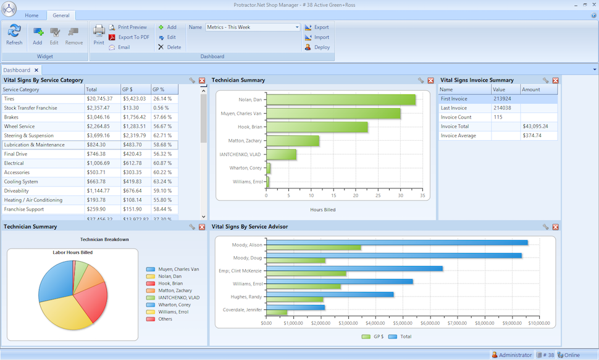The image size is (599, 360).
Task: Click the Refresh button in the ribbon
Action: point(14,34)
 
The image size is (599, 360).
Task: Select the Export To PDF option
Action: point(133,37)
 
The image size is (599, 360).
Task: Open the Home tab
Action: point(31,15)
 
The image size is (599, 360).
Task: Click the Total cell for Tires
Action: point(99,99)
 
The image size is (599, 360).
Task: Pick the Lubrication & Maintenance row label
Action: point(34,144)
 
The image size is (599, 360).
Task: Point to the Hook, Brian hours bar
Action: point(317,127)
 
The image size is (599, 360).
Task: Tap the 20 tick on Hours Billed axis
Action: point(356,196)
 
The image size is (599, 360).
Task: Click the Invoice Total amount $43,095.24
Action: point(535,126)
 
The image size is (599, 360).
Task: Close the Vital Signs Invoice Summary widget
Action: point(555,80)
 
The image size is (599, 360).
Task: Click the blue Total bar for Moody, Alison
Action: point(397,243)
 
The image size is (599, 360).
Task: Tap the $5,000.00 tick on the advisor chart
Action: point(403,323)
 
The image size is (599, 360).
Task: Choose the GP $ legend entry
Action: point(374,337)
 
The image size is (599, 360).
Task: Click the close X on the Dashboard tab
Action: point(36,70)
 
